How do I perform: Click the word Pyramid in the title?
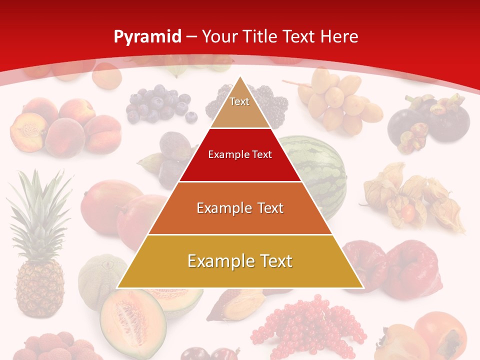(147, 37)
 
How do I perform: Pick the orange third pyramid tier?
(240, 208)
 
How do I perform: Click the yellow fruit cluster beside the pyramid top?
(340, 100)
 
